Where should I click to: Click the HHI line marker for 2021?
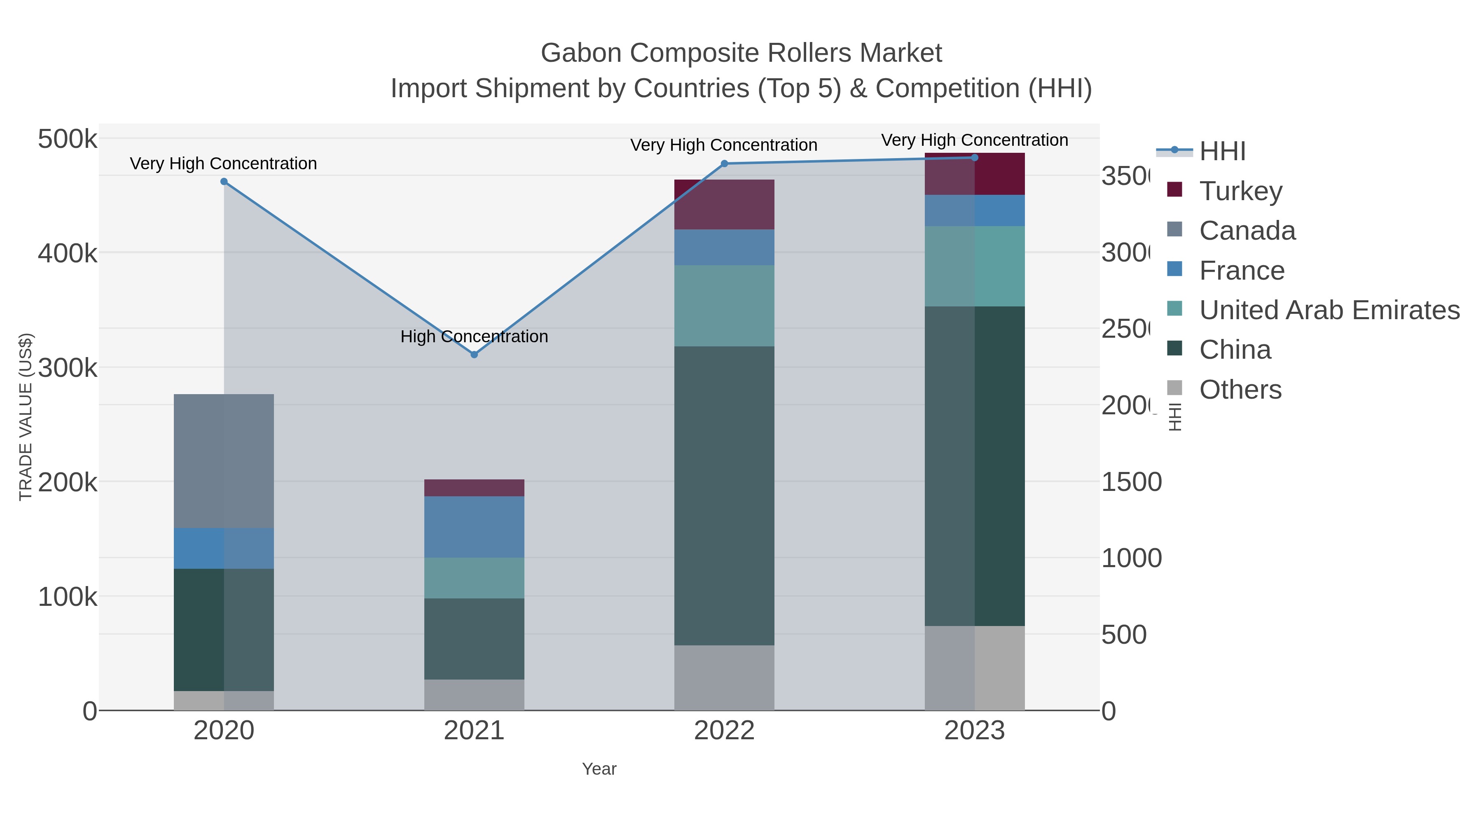(474, 355)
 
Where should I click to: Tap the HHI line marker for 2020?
(224, 181)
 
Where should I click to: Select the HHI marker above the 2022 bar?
(724, 164)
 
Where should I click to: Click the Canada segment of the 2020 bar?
(224, 460)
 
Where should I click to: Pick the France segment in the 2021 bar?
(474, 527)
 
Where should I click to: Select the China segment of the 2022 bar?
(724, 495)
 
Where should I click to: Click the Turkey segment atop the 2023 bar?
(975, 174)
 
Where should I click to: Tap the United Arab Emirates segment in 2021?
(474, 578)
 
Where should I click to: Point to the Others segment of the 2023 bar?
(975, 668)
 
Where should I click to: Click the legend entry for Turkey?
(1241, 191)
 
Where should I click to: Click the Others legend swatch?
(1174, 388)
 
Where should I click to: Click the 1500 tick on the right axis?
(1131, 482)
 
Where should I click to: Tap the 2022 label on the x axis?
(724, 730)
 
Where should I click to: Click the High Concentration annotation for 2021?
(474, 336)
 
